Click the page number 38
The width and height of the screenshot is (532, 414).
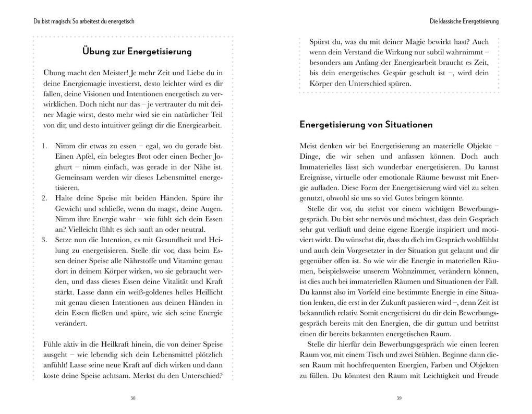tap(132, 398)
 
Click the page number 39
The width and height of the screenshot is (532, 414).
tap(399, 398)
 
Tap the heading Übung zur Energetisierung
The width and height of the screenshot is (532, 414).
tap(137, 52)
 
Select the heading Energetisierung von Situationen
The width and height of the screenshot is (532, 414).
tap(366, 125)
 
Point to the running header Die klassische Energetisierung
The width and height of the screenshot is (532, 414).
tap(464, 21)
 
